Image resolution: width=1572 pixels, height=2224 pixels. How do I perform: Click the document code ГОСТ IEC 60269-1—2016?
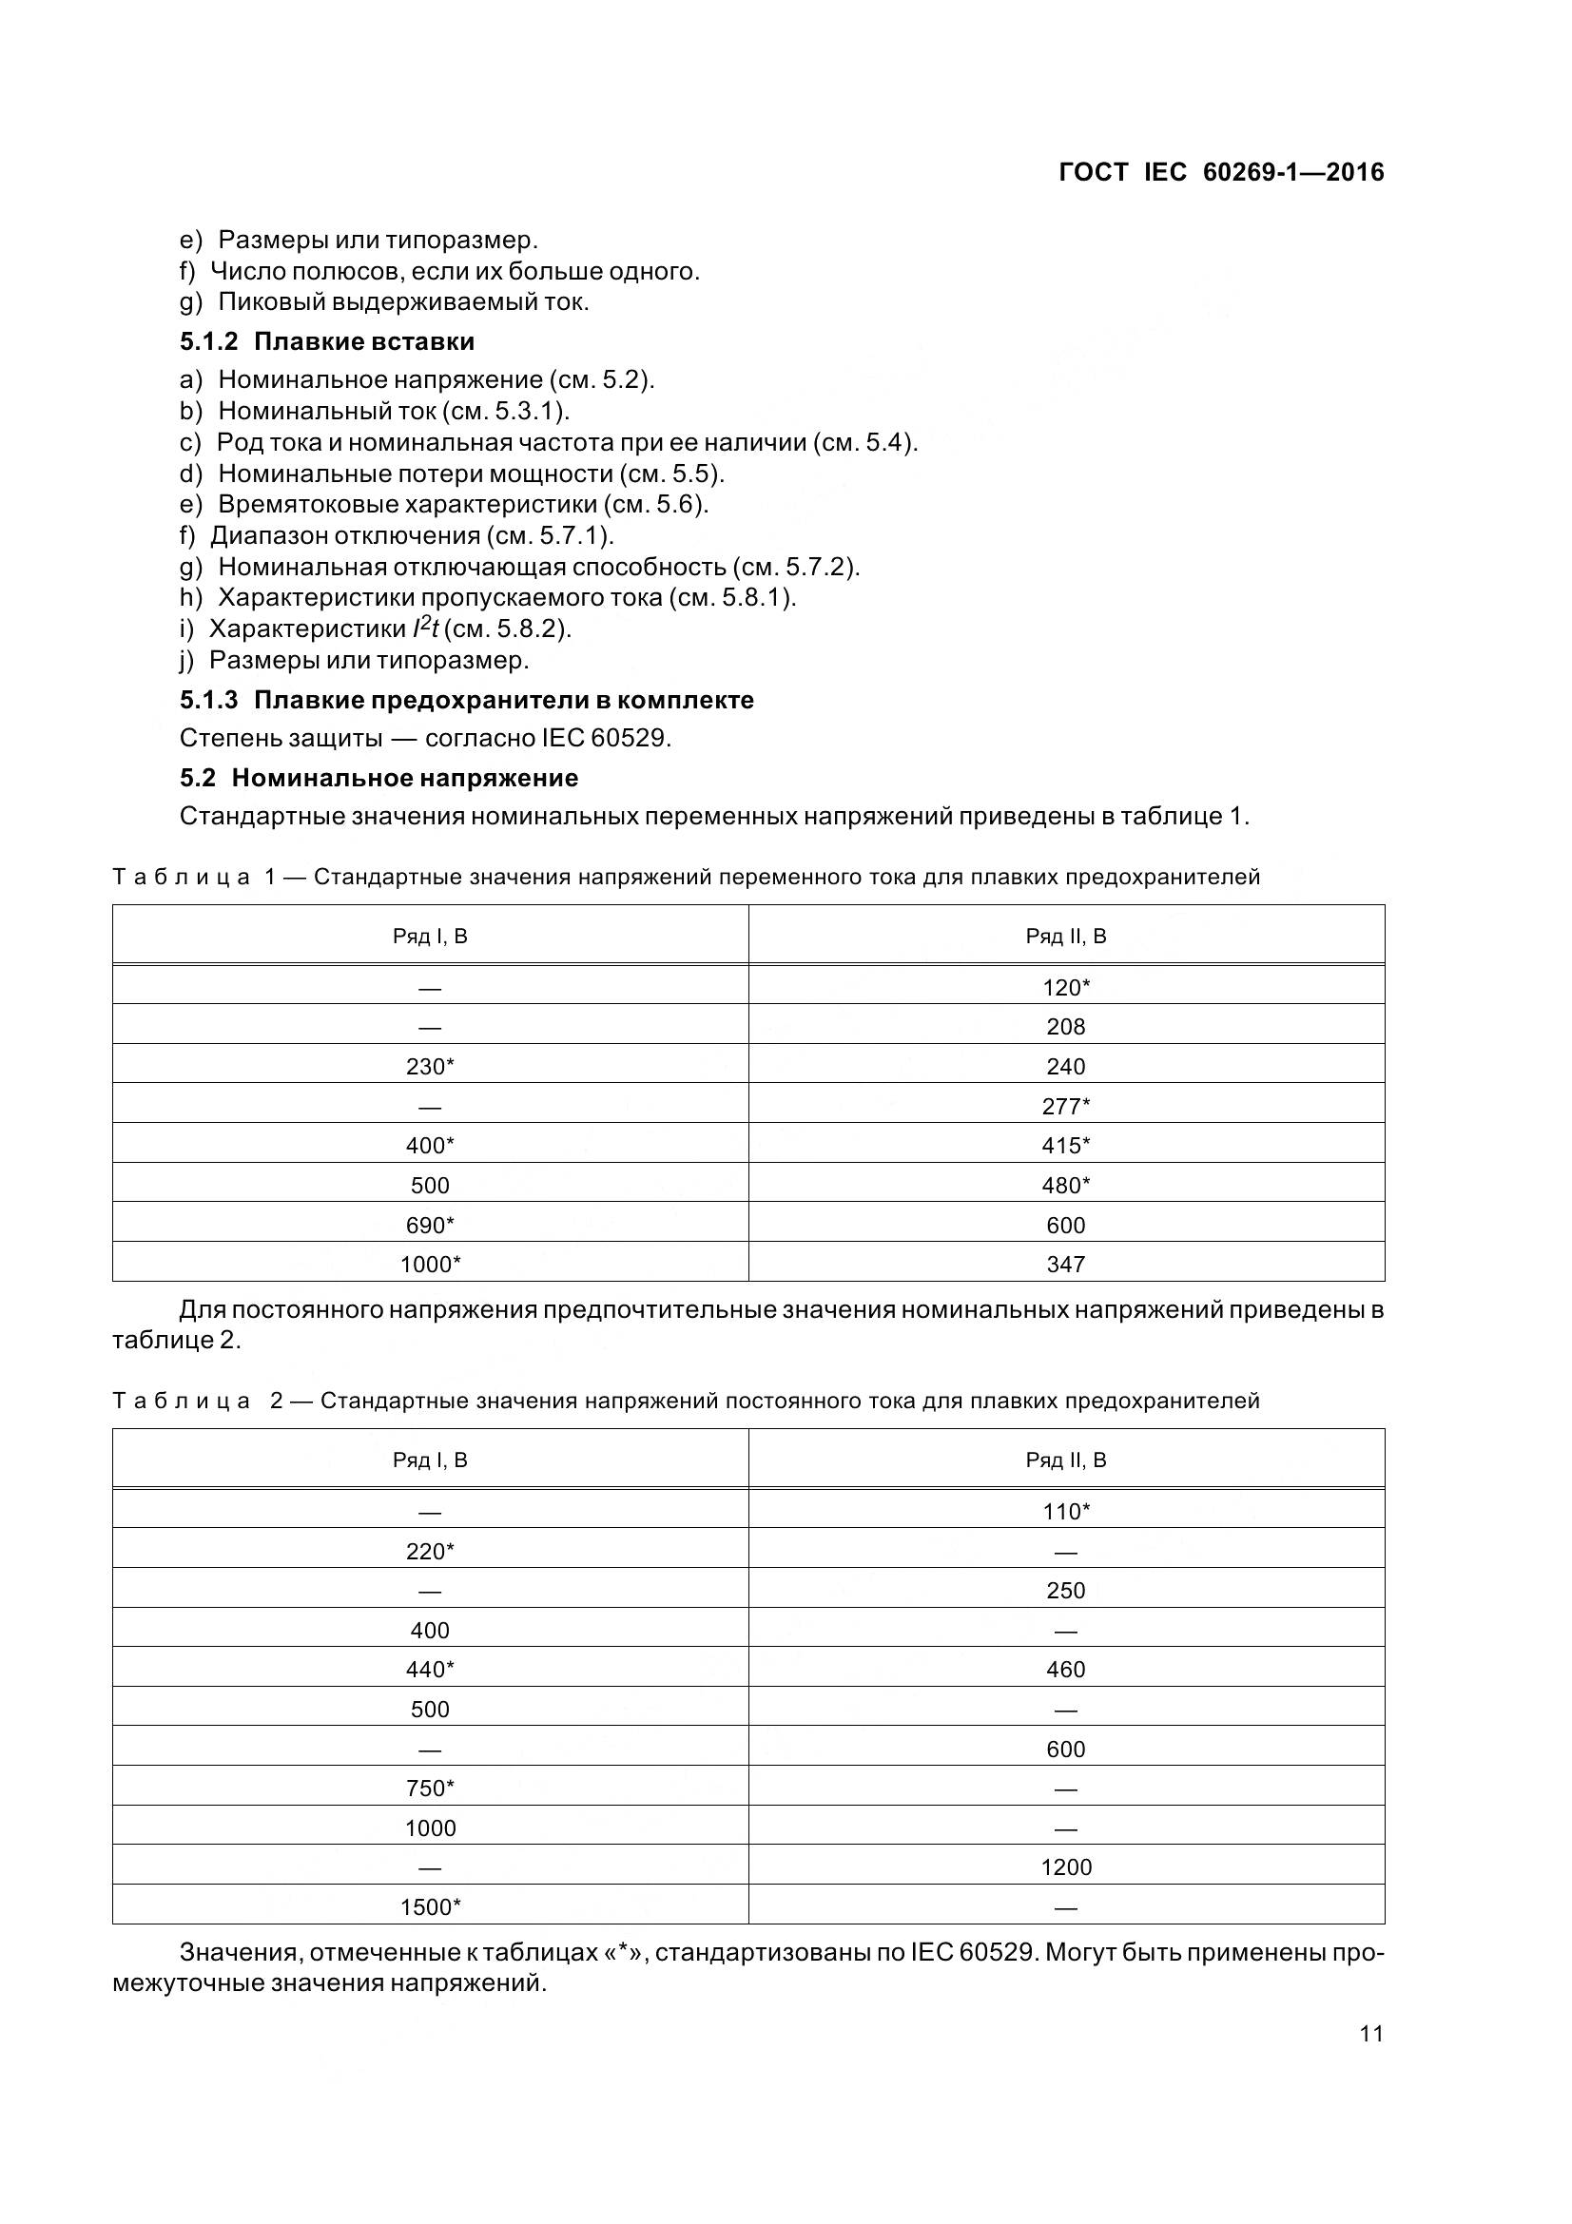tap(1221, 172)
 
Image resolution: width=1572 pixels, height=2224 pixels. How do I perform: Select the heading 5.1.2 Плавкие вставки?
tap(326, 341)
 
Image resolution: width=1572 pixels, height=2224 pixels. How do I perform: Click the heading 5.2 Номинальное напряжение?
tap(378, 778)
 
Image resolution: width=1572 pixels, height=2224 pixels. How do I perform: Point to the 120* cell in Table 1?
tap(1066, 987)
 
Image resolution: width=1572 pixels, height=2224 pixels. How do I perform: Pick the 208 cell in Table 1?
tap(1065, 1027)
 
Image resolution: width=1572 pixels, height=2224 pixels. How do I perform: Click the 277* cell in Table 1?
tap(1066, 1106)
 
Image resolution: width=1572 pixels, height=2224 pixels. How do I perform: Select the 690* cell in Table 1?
tap(430, 1226)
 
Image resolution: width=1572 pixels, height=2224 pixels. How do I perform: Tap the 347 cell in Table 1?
tap(1065, 1264)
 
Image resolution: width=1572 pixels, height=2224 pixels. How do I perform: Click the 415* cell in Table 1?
tap(1066, 1146)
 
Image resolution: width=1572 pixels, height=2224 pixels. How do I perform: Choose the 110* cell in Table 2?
tap(1066, 1512)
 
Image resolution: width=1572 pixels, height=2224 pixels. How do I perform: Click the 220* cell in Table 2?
tap(430, 1552)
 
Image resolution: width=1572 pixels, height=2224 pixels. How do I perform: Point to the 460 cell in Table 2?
tap(1065, 1670)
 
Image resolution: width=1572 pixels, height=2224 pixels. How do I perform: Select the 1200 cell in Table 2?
tap(1065, 1867)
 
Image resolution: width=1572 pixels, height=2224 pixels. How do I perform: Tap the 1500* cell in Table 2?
tap(430, 1907)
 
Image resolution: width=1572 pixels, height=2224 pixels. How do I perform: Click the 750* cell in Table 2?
tap(430, 1789)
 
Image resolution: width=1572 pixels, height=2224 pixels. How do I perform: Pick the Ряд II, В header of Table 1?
tap(1065, 936)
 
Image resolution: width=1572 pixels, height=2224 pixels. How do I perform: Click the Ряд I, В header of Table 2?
tap(430, 1460)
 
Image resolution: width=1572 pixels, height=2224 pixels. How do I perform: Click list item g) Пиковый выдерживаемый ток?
tap(384, 301)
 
